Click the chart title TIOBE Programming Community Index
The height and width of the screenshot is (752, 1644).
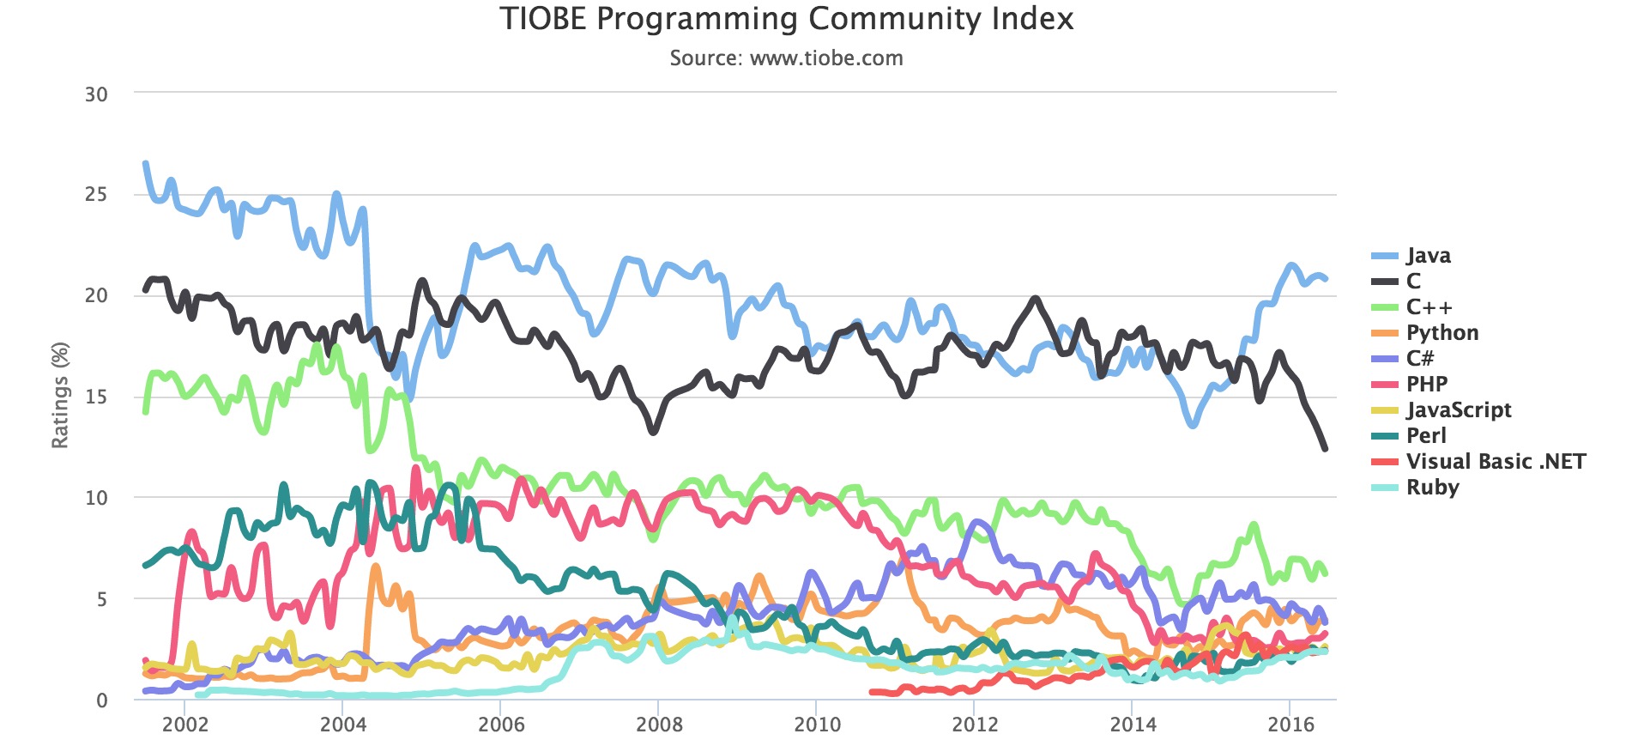(x=786, y=19)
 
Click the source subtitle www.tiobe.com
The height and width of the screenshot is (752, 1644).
(x=786, y=58)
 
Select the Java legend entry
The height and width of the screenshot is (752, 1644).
(x=1428, y=256)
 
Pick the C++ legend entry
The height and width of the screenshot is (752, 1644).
(x=1429, y=307)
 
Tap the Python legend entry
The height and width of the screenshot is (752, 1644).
(x=1442, y=333)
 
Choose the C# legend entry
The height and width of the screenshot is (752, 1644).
(x=1419, y=359)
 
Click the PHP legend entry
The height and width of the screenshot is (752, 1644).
(x=1426, y=385)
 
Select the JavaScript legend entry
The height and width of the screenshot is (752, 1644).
(x=1458, y=410)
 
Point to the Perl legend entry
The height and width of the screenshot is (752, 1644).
(x=1425, y=436)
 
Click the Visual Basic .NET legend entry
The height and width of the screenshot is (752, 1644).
(x=1495, y=462)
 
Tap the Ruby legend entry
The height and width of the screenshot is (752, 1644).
(x=1432, y=488)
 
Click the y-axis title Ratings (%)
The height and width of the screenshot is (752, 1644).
(x=59, y=395)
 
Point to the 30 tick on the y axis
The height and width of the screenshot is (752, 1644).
(x=96, y=94)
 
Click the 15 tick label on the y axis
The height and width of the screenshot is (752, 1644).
(x=96, y=397)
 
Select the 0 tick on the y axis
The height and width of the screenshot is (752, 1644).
(x=102, y=700)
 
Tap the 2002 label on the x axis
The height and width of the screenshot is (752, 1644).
(x=185, y=725)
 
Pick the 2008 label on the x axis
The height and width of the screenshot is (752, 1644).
(x=659, y=725)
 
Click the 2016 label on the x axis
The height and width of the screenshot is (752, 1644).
(x=1290, y=725)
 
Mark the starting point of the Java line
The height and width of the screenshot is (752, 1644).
(x=145, y=163)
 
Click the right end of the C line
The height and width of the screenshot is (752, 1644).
(x=1326, y=448)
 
